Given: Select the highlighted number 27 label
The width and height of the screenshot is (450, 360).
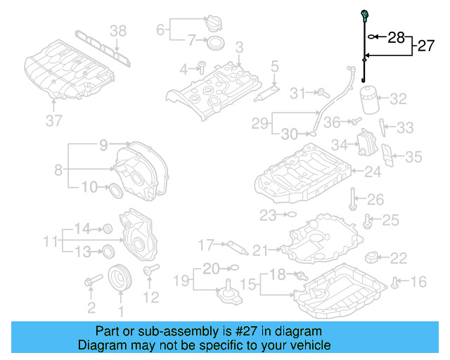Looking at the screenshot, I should [426, 46].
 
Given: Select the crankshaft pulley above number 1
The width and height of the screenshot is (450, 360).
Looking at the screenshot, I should [120, 276].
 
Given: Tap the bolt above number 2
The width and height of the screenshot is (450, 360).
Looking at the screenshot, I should [90, 283].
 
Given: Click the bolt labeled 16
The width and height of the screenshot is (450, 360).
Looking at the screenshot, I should [396, 283].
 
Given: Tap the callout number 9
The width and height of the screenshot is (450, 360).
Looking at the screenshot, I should [103, 146].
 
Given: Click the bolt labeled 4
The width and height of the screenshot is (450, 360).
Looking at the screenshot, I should [200, 67].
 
